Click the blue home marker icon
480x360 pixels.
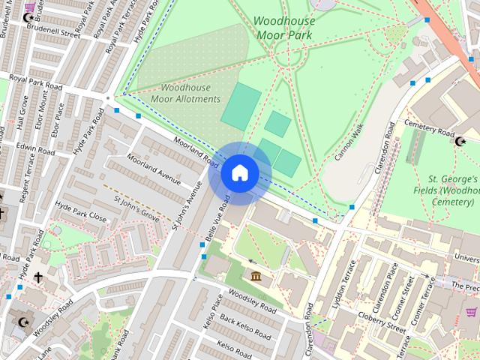239,173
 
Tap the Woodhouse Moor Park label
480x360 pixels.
284,28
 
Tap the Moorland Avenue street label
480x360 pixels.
154,169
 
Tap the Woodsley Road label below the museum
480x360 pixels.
252,301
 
